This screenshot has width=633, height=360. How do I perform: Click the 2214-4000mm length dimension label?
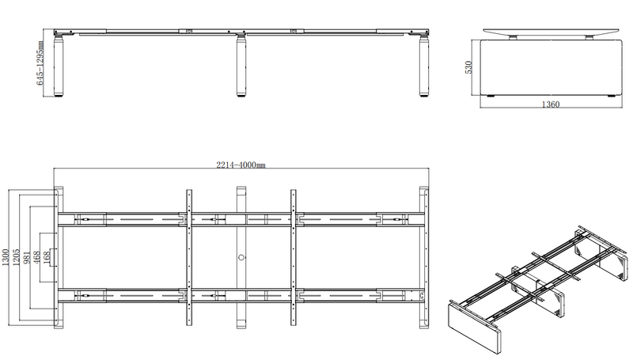pos(241,165)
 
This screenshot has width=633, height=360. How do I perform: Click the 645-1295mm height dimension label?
pos(40,63)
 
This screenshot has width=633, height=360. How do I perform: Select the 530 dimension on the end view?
pos(468,67)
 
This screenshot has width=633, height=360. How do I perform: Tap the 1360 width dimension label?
pos(550,104)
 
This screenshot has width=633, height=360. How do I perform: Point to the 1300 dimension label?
pos(6,257)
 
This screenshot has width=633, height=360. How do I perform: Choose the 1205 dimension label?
pos(17,257)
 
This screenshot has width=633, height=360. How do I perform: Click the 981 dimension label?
pos(27,257)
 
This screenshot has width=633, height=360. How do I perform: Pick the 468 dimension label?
pos(36,257)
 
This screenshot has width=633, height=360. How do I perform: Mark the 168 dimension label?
pos(47,257)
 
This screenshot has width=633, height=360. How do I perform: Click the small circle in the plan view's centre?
pos(241,257)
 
